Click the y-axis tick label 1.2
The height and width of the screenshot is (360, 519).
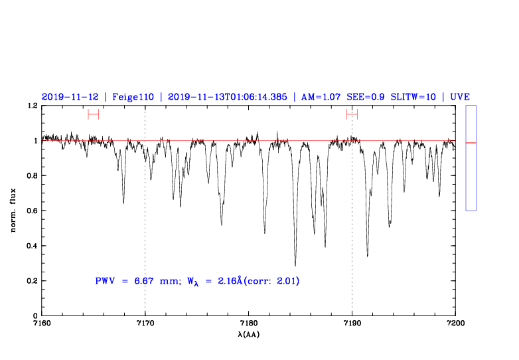click(x=30, y=106)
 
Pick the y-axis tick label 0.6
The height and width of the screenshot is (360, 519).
click(x=30, y=211)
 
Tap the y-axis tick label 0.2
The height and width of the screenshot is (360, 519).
click(x=30, y=281)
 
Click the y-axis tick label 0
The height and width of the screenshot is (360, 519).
click(x=35, y=316)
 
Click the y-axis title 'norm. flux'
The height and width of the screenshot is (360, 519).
click(x=13, y=211)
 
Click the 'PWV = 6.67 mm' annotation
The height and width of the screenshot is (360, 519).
click(x=133, y=281)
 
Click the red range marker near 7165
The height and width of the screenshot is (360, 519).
click(x=93, y=114)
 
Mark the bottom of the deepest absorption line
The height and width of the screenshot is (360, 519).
click(x=295, y=265)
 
